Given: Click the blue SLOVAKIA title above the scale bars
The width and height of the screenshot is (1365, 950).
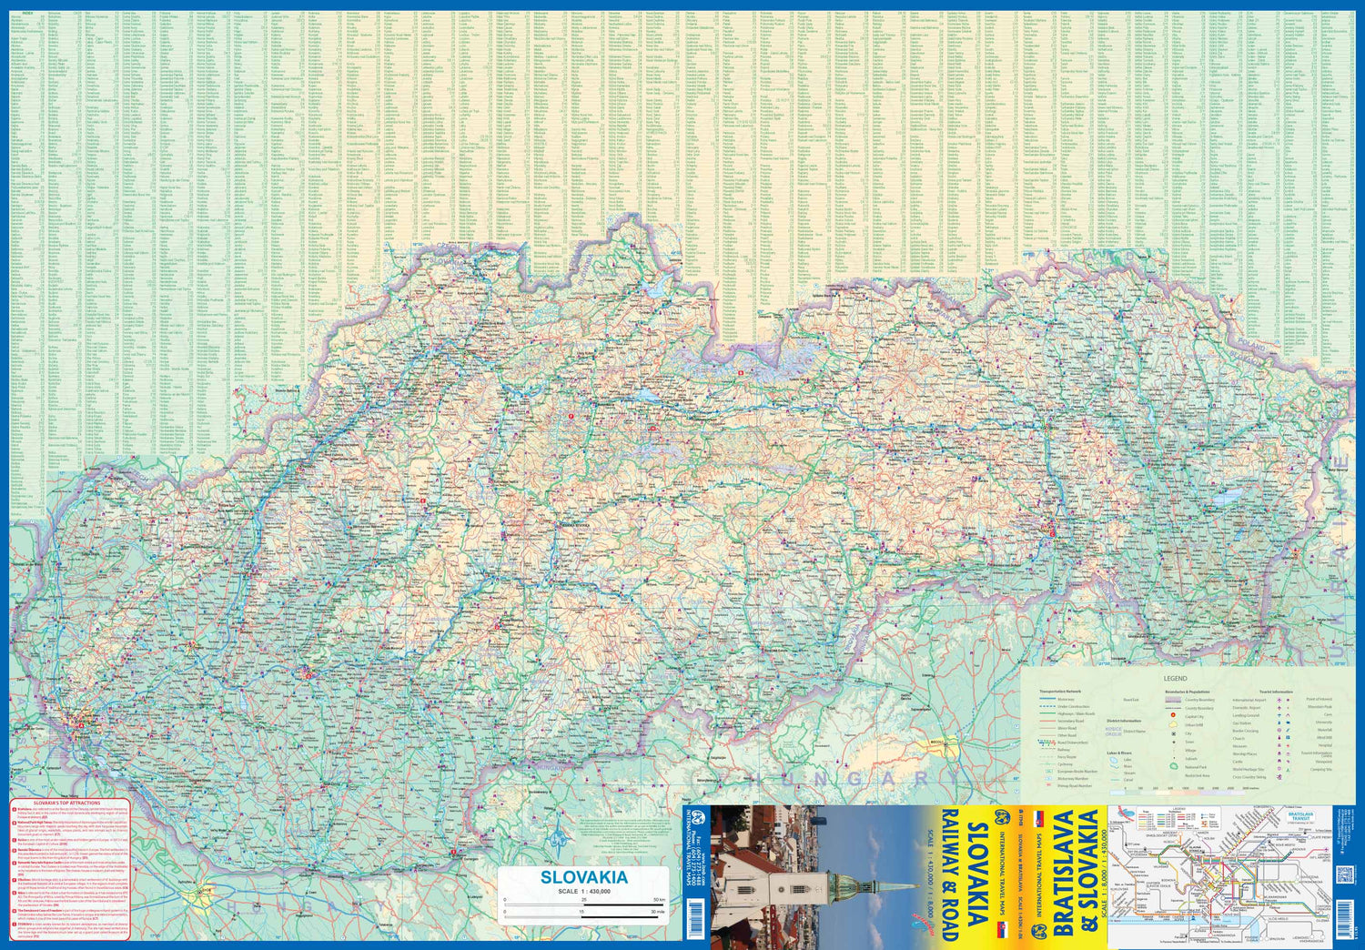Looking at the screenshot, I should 583,877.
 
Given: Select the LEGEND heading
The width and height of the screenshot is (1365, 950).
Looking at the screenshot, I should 1175,679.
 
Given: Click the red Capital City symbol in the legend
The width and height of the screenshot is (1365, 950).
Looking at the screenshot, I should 1174,716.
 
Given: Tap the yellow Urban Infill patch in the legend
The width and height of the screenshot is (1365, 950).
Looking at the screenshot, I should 1174,725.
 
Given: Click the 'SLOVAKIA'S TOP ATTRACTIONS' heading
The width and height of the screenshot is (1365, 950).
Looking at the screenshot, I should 66,803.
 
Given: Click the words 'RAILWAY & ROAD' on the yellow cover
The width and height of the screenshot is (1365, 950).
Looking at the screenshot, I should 948,874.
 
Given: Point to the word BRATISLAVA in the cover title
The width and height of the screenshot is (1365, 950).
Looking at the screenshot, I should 1061,874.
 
